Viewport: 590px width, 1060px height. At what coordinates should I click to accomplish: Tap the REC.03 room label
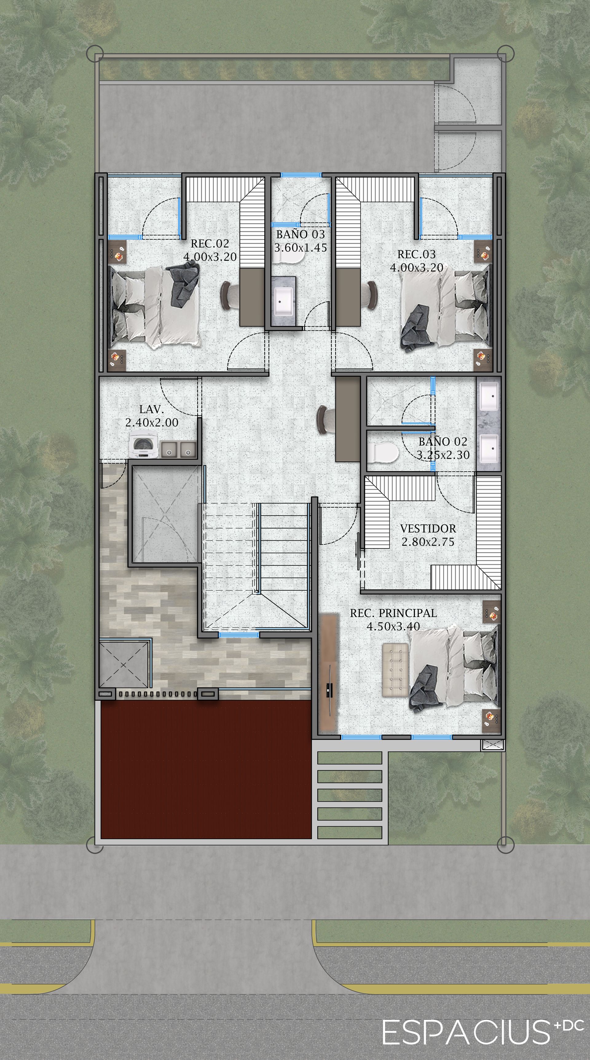coord(416,254)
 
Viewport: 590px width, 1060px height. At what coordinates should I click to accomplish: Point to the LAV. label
coord(152,409)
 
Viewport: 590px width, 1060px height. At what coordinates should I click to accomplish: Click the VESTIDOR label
coord(428,529)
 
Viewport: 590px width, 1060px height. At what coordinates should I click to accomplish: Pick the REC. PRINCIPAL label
coord(393,613)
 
